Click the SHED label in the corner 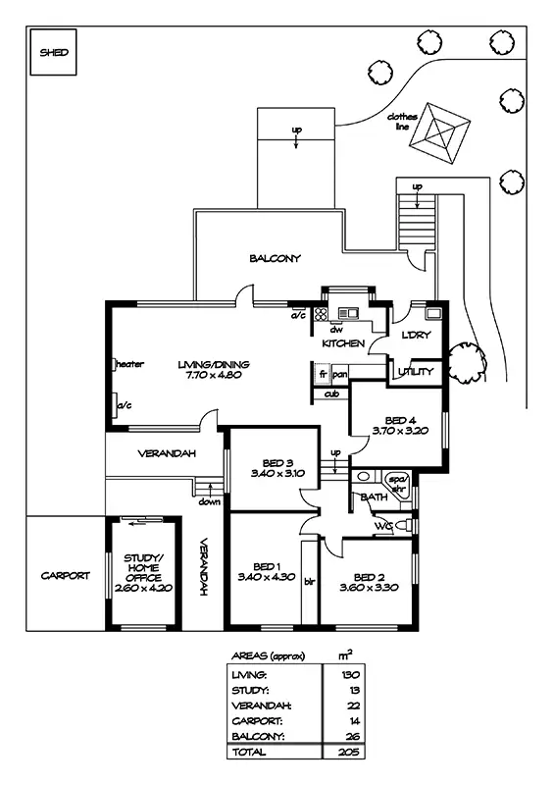[54, 52]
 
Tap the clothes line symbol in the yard [439, 133]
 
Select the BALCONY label [276, 258]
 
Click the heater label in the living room [129, 364]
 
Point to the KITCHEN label [343, 343]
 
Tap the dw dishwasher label [335, 330]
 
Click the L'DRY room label [416, 335]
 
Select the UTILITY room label [416, 372]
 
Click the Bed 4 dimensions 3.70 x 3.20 [400, 430]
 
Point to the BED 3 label [277, 463]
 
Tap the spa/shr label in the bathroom [399, 484]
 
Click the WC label [382, 526]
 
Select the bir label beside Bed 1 [309, 582]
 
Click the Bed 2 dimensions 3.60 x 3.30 [369, 587]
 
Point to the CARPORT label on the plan [66, 576]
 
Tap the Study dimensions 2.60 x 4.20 [143, 588]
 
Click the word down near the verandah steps [209, 501]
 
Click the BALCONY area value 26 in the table [353, 737]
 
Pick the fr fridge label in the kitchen [323, 374]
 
